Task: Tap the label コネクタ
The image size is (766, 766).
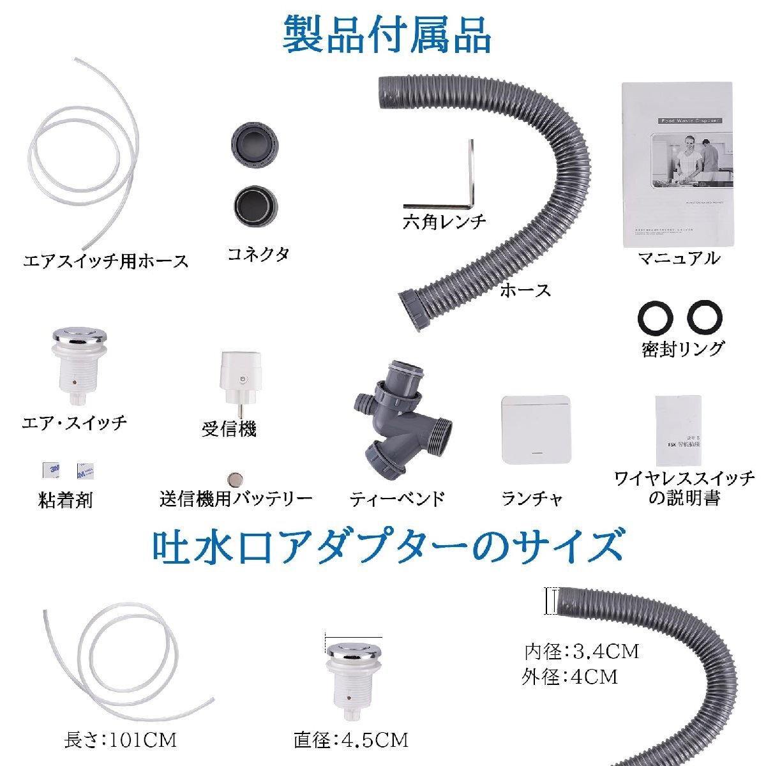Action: click(258, 254)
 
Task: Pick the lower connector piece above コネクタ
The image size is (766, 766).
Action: click(253, 206)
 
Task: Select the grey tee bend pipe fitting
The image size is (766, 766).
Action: click(400, 421)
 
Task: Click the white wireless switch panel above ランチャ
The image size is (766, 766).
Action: click(534, 430)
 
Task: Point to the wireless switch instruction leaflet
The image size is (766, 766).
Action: click(678, 431)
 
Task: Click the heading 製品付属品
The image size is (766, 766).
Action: click(387, 34)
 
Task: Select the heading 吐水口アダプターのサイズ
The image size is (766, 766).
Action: click(387, 545)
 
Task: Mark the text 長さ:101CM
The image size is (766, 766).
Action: click(120, 740)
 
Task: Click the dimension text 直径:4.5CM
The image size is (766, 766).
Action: click(350, 740)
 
